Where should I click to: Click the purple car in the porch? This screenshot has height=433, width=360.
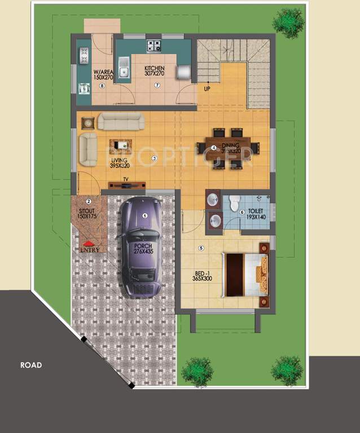141,248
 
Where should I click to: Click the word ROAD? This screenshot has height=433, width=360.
31,365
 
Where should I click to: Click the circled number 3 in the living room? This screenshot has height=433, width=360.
154,158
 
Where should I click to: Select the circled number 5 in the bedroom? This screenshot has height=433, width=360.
200,248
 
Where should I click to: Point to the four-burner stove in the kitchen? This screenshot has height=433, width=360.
154,46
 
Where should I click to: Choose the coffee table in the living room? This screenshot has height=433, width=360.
121,145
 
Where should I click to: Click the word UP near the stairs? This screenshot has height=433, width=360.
208,89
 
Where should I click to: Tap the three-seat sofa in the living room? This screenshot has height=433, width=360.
121,121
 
